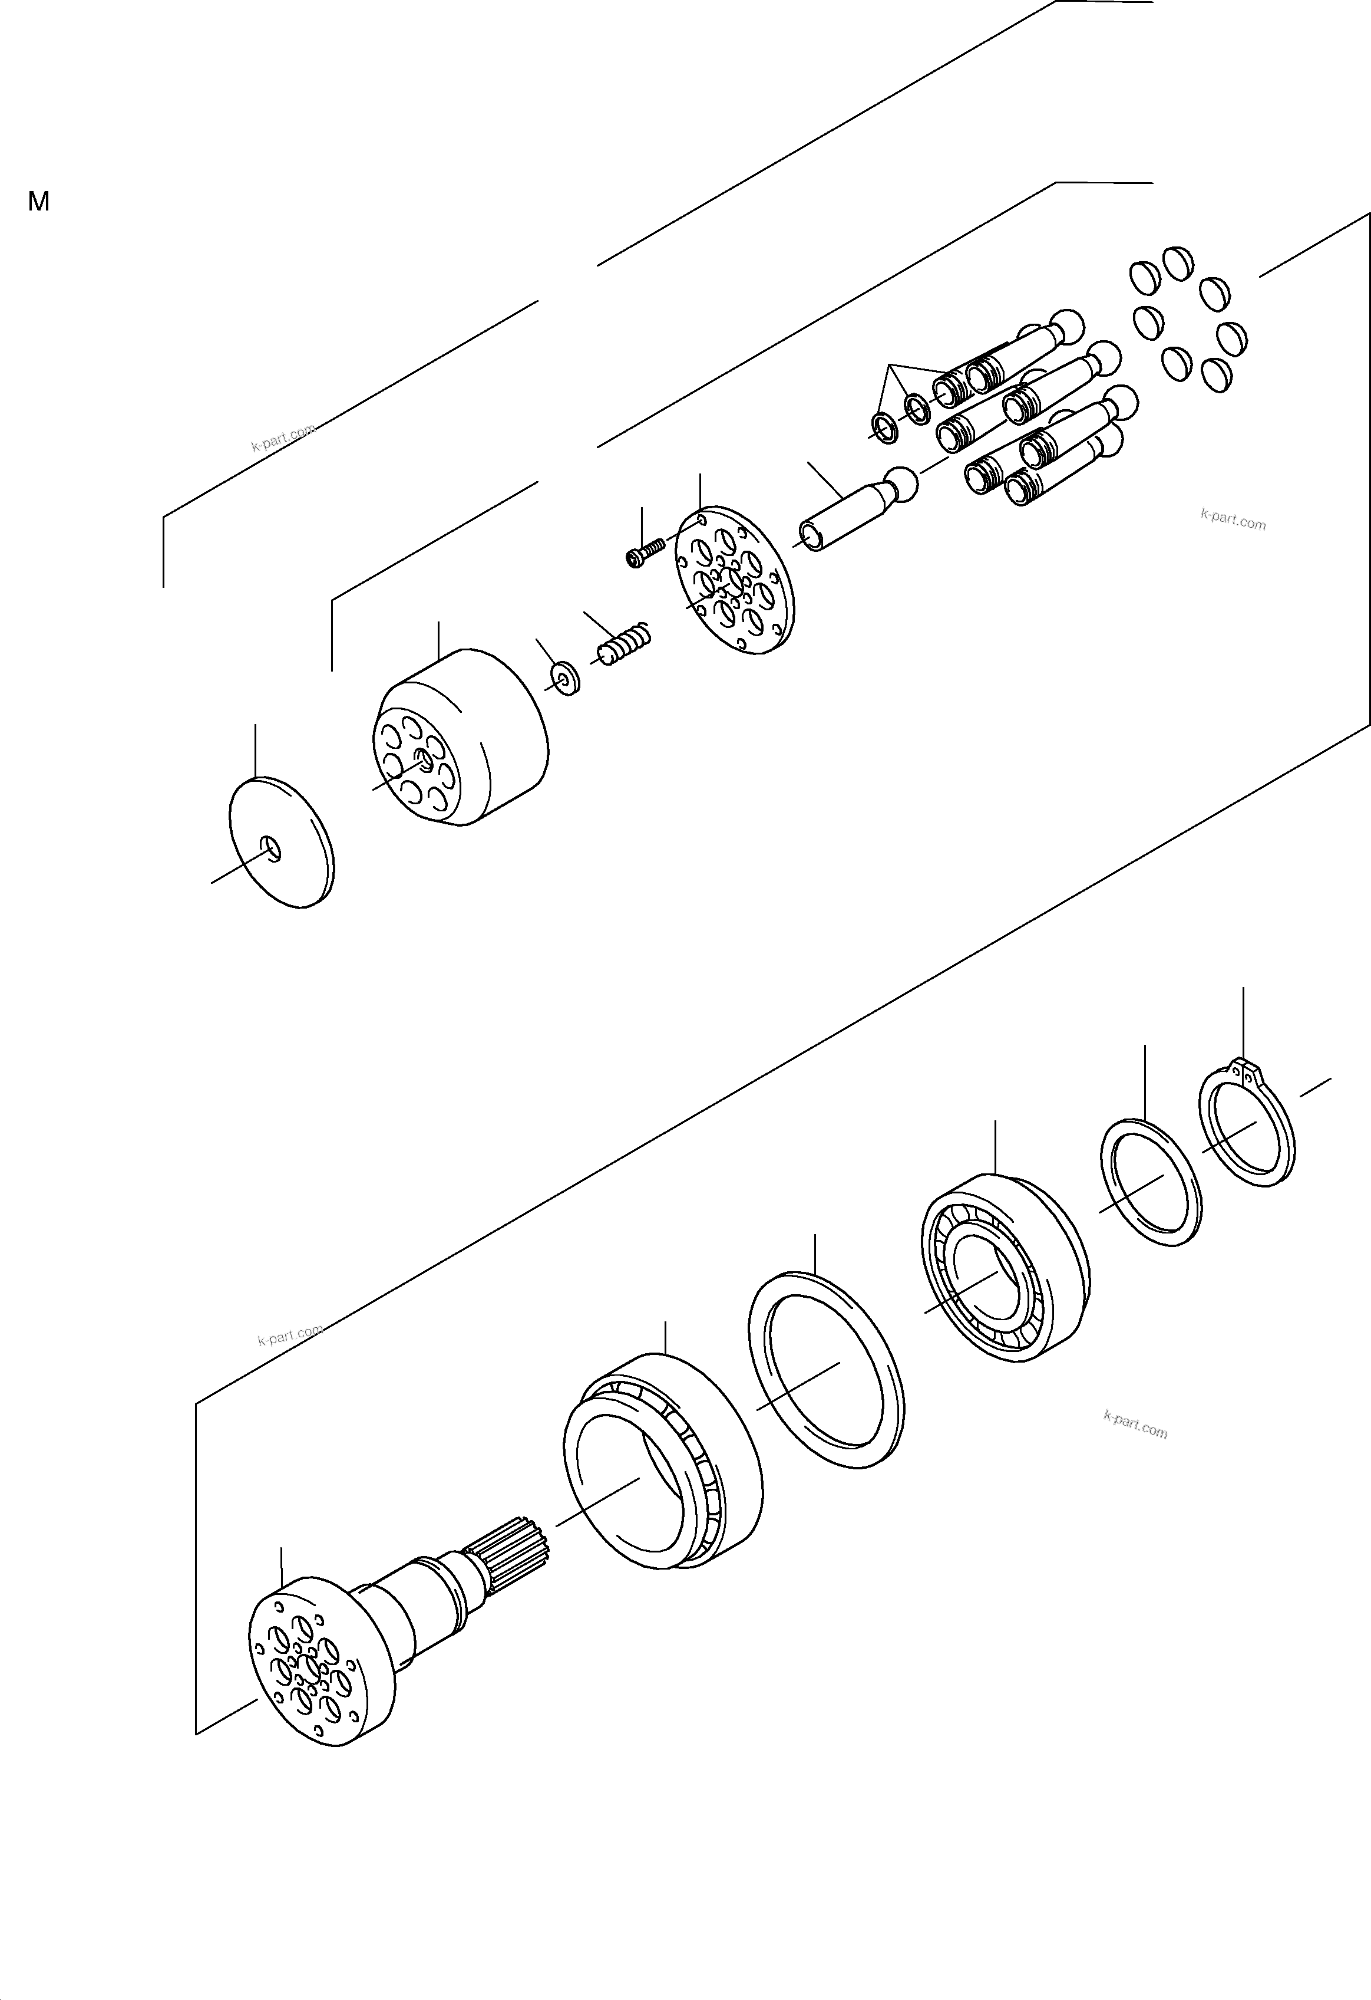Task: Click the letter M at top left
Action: click(x=39, y=202)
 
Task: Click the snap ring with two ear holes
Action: click(x=1246, y=1128)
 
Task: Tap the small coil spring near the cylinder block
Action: click(x=626, y=643)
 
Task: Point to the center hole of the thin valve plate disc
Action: click(x=272, y=850)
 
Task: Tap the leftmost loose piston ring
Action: click(x=884, y=427)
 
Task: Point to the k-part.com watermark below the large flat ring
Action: click(x=1135, y=1425)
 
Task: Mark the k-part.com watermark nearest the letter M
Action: click(x=282, y=438)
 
